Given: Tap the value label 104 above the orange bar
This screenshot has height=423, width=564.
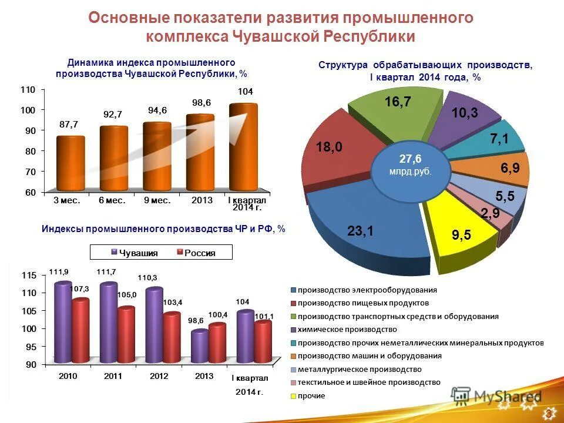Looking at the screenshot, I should pyautogui.click(x=246, y=92).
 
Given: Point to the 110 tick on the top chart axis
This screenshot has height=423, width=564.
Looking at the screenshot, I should pyautogui.click(x=29, y=89).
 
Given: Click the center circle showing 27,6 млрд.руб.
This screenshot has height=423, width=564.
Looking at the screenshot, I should pyautogui.click(x=411, y=164).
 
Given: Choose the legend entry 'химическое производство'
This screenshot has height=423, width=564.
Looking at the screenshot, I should pyautogui.click(x=347, y=330).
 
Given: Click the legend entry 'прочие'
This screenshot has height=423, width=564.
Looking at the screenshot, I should pyautogui.click(x=311, y=396).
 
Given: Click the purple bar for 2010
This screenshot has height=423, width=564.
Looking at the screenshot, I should pyautogui.click(x=63, y=323).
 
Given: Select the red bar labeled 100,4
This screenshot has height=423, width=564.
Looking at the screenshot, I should pyautogui.click(x=217, y=344).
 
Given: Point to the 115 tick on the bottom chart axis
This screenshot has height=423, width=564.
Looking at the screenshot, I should pyautogui.click(x=29, y=276).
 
